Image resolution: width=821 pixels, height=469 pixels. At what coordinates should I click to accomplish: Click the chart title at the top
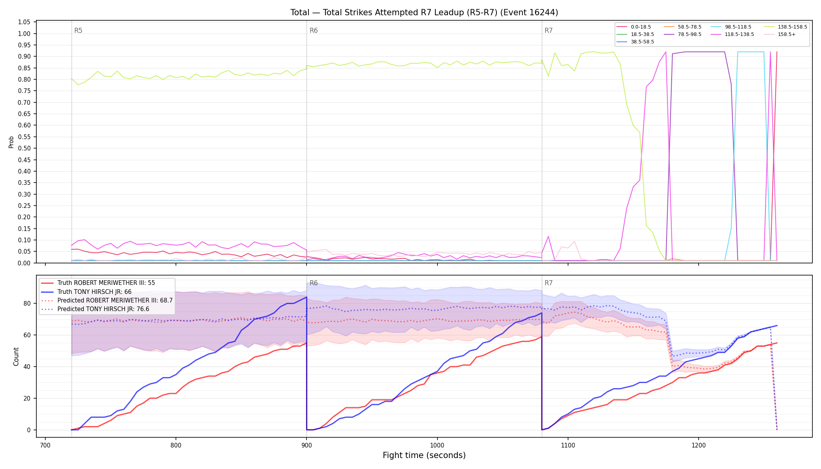(424, 13)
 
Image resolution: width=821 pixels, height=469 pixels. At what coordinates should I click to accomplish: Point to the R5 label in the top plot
(78, 30)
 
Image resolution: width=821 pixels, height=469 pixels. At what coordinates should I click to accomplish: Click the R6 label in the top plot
(314, 30)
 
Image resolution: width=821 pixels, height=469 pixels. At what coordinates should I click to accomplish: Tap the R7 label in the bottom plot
(549, 283)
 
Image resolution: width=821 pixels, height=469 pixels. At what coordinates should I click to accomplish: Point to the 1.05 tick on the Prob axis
(24, 22)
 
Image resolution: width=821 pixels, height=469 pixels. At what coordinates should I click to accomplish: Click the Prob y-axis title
(11, 142)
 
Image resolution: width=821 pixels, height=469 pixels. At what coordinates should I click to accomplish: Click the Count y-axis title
(16, 356)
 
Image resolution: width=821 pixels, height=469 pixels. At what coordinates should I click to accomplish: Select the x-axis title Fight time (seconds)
(424, 455)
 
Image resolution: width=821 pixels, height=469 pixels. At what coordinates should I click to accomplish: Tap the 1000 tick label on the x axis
(437, 445)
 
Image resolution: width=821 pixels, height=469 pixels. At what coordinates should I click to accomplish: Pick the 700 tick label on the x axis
(45, 445)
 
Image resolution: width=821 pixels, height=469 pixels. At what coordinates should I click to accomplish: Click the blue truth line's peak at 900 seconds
(307, 297)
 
